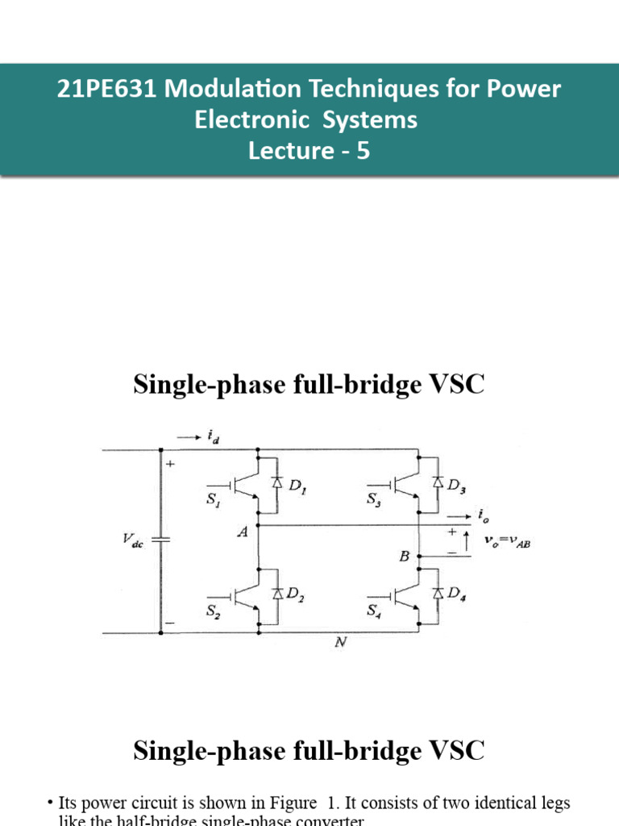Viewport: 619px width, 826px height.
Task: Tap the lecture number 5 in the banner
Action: tap(364, 151)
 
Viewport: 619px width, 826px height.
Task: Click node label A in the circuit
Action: tap(241, 532)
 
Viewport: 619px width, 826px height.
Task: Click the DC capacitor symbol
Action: tap(160, 539)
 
